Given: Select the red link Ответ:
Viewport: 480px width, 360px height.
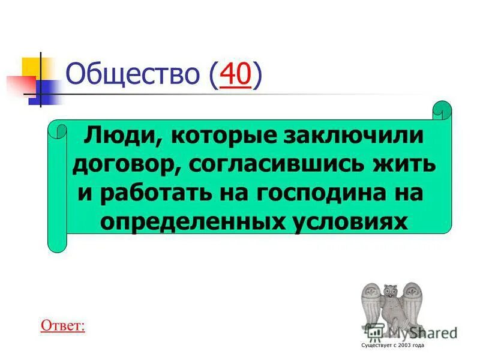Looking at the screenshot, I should click(x=62, y=326).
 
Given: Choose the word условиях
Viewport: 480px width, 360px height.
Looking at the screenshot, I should click(x=349, y=220).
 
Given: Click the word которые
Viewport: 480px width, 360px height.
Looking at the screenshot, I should click(x=224, y=136).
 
